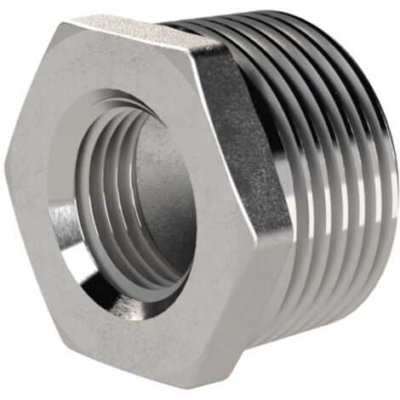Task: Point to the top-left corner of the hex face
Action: point(58,26)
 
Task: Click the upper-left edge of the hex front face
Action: point(32,94)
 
